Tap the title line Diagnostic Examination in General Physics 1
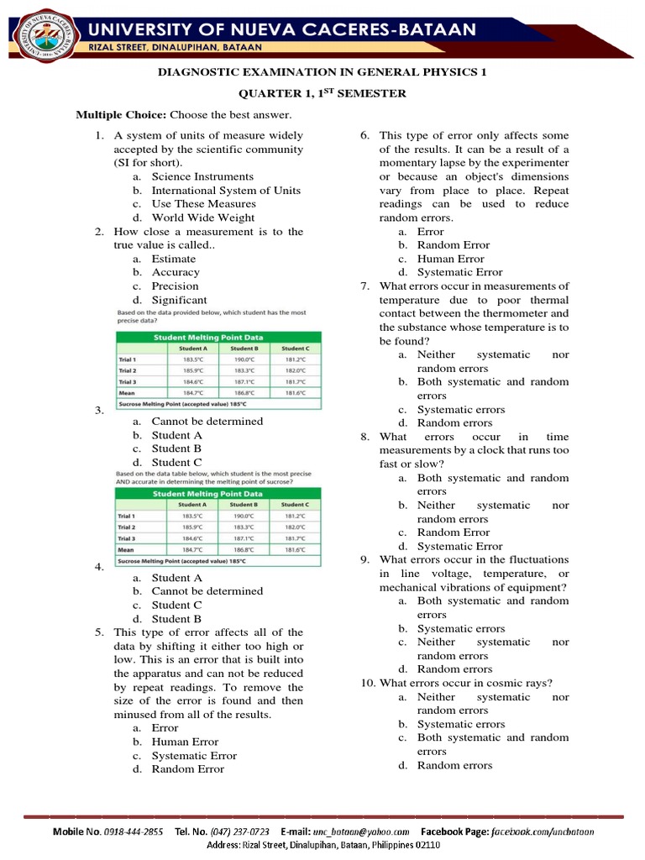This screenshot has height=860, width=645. pyautogui.click(x=322, y=72)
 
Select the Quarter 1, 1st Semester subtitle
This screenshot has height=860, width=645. pyautogui.click(x=322, y=93)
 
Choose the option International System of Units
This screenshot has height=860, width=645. pyautogui.click(x=225, y=190)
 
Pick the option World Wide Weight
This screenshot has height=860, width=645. pyautogui.click(x=203, y=218)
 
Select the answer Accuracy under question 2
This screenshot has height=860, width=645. pyautogui.click(x=176, y=272)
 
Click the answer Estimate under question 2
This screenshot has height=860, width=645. pyautogui.click(x=173, y=259)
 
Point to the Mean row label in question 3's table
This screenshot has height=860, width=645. pyautogui.click(x=128, y=392)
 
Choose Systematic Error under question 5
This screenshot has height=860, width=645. pyautogui.click(x=194, y=755)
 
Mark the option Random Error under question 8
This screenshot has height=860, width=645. pyautogui.click(x=453, y=532)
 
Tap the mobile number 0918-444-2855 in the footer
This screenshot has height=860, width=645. pyautogui.click(x=133, y=831)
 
